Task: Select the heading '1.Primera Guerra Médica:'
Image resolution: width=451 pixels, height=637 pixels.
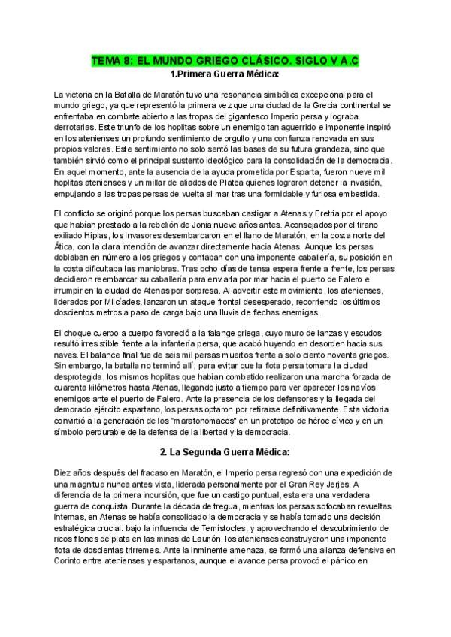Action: (x=225, y=74)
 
